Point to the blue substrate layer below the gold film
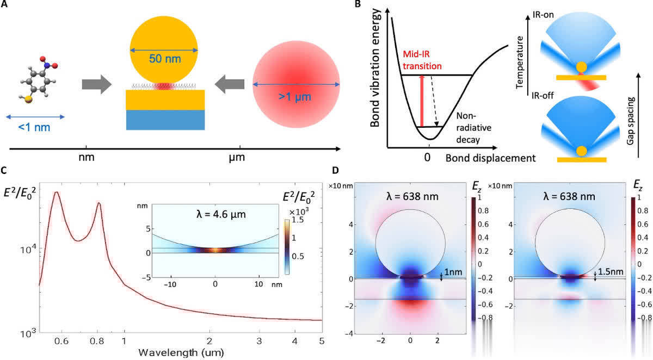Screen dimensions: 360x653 [x=165, y=120]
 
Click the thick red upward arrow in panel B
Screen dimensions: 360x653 [x=422, y=101]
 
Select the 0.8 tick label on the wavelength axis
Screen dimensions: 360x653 [x=99, y=342]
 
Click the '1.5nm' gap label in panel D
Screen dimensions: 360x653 [x=608, y=272]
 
